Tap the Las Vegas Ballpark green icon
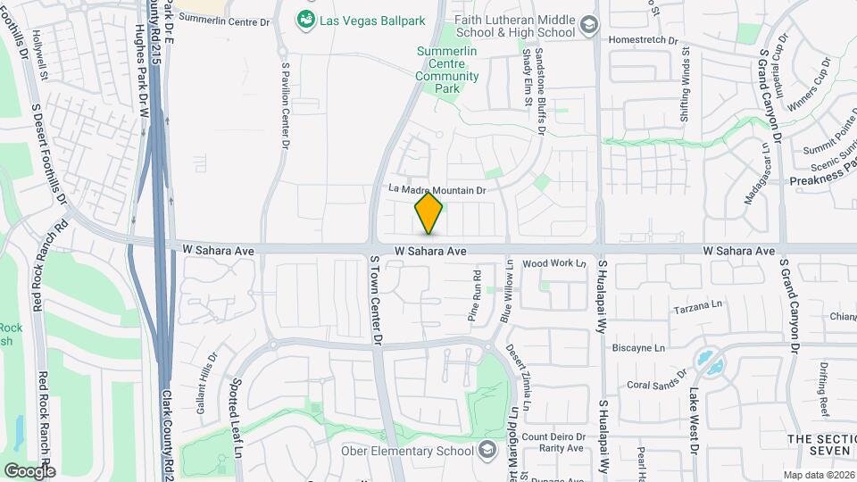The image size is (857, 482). click(306, 18)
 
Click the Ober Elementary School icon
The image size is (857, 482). click(487, 449)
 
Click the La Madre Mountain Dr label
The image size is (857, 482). click(437, 190)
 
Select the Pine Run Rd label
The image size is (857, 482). click(476, 295)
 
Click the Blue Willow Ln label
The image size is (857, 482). click(507, 291)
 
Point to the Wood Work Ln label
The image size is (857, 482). click(553, 263)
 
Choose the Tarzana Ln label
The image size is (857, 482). click(697, 305)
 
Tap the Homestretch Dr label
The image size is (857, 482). click(644, 39)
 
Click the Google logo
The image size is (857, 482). click(29, 470)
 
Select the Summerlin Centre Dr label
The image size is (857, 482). click(224, 18)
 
